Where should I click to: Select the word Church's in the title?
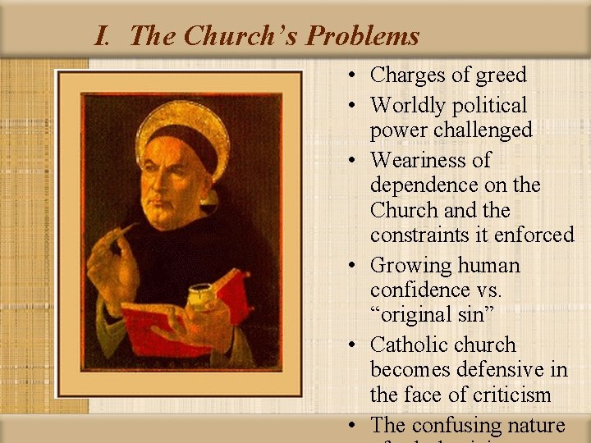coord(244,36)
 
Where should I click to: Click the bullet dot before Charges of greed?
coord(350,75)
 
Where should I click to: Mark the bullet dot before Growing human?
coord(350,266)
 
